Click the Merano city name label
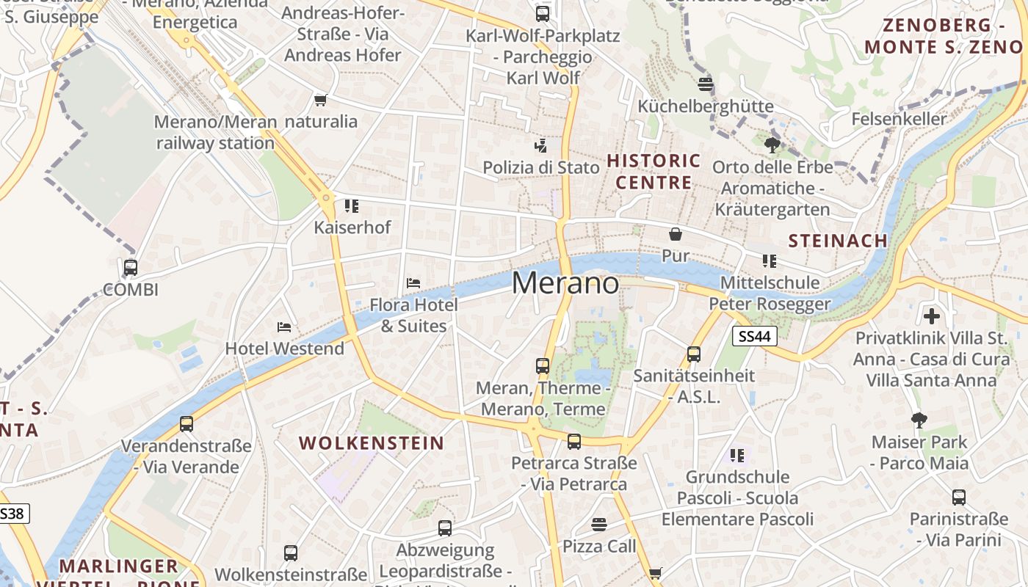(x=565, y=283)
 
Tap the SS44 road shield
(x=754, y=336)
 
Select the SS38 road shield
(x=12, y=513)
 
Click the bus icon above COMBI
(x=131, y=268)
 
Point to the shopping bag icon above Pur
(x=676, y=234)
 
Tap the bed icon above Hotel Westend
(x=284, y=327)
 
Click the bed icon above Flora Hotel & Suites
(x=413, y=283)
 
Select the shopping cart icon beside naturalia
(x=320, y=101)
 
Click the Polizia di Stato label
(x=541, y=167)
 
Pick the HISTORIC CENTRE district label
(x=654, y=171)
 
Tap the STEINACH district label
(x=838, y=241)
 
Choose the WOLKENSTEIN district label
(x=372, y=443)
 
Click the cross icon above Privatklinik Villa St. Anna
(x=932, y=316)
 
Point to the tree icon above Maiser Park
(x=919, y=420)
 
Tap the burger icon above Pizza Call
(x=599, y=525)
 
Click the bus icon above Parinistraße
(x=958, y=497)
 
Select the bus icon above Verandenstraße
(x=187, y=424)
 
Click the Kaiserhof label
(x=352, y=227)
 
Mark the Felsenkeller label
(x=899, y=119)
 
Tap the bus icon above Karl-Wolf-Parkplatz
(x=543, y=14)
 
